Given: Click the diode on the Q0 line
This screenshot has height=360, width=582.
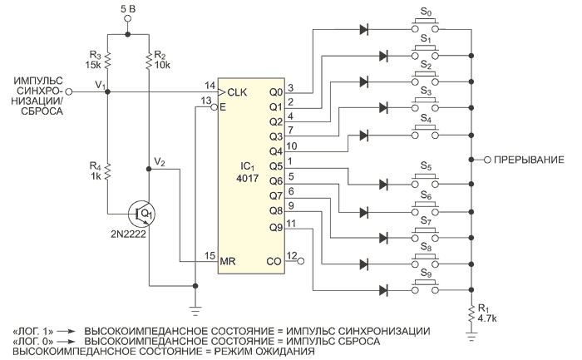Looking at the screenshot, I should pyautogui.click(x=363, y=31).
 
